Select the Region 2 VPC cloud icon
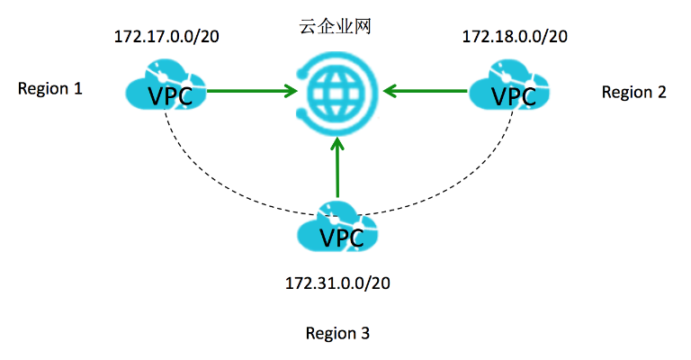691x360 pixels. [x=509, y=87]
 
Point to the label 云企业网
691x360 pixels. [x=336, y=27]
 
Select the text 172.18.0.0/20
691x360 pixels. [x=515, y=37]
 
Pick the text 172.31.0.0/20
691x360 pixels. [x=338, y=283]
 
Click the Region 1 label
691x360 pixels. [x=50, y=89]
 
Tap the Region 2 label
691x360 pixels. [x=633, y=91]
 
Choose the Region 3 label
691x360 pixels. [x=337, y=333]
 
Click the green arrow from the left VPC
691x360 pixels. [x=252, y=90]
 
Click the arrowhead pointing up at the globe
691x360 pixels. [x=337, y=144]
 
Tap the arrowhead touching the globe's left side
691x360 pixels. [x=291, y=90]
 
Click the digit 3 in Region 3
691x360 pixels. [x=364, y=333]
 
